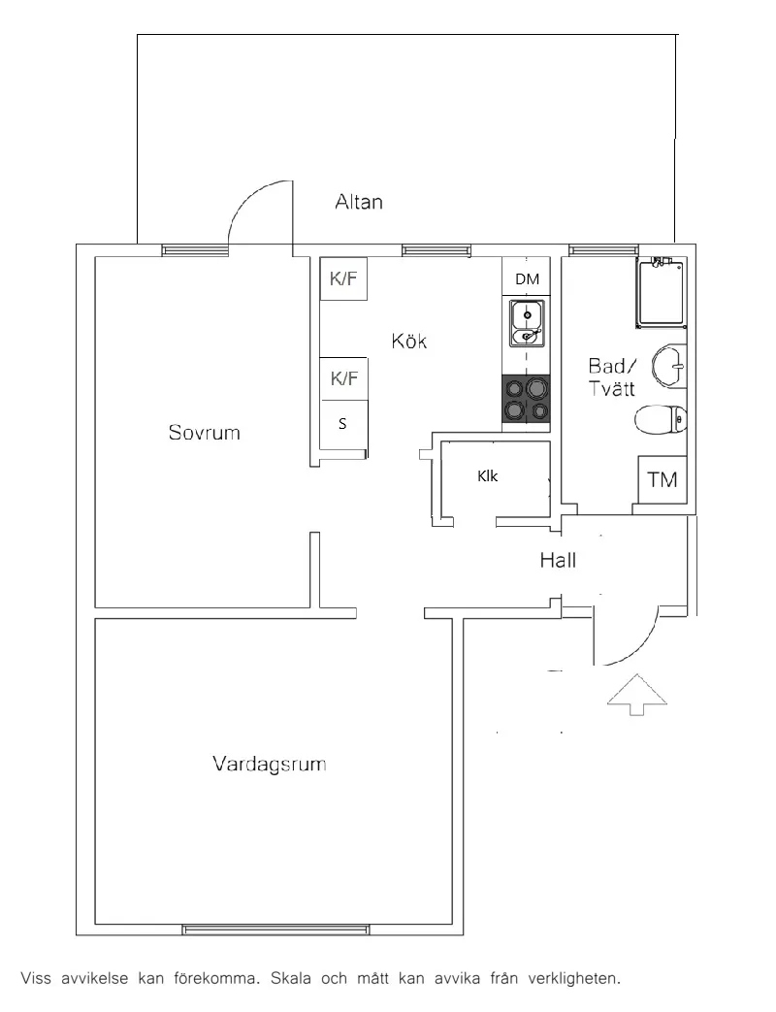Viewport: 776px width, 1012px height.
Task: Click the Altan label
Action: [359, 202]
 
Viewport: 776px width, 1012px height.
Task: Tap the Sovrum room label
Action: [204, 432]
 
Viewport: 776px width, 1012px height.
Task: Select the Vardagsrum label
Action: [269, 764]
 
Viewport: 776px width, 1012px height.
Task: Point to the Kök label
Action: [409, 341]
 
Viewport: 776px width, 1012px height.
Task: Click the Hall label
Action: [558, 560]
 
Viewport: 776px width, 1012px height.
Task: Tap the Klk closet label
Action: [488, 475]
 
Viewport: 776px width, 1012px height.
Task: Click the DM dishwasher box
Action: [527, 277]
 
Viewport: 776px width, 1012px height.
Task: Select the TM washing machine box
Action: [662, 479]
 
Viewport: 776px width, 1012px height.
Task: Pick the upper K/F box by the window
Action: [343, 278]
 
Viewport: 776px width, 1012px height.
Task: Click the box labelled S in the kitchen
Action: [343, 424]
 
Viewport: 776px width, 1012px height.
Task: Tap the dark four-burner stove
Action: [527, 400]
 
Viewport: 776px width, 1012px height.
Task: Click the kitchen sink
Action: [527, 323]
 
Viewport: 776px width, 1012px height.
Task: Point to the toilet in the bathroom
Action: [661, 421]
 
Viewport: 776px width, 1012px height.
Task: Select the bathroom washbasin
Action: [669, 366]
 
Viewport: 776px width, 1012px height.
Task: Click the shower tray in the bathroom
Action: [662, 292]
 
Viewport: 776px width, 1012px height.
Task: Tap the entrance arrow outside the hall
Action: [636, 694]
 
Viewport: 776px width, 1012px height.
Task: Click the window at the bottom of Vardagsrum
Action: [276, 930]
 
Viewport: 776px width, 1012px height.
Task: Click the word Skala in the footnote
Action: [290, 978]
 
